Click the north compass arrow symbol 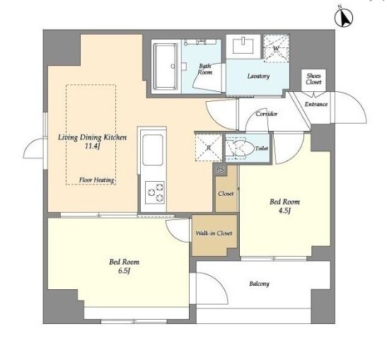tap(344, 16)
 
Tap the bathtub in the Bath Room tap(166, 66)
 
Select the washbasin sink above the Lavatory tap(243, 45)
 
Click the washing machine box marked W tap(276, 47)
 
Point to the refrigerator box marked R tap(209, 148)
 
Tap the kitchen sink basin tap(153, 150)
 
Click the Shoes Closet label tap(313, 79)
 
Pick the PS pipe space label tap(221, 170)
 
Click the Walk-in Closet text tap(214, 233)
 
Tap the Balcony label tap(259, 284)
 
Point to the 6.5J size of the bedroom tap(124, 271)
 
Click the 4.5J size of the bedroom tap(284, 211)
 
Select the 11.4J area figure tap(92, 146)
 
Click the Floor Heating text tap(96, 180)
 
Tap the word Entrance tap(316, 104)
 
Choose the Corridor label tap(267, 114)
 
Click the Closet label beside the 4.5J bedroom tap(226, 194)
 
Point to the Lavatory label tap(258, 76)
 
